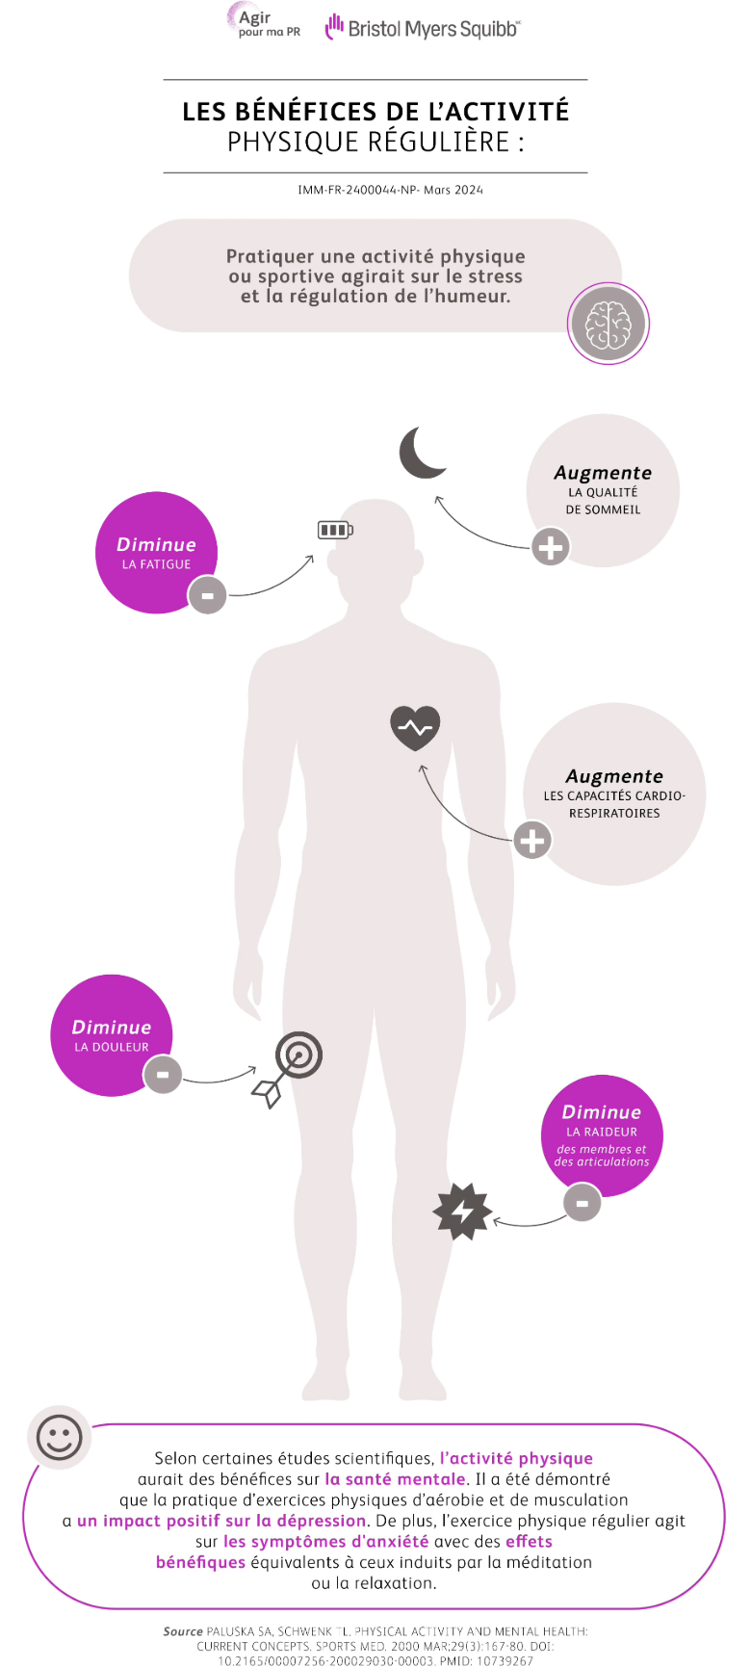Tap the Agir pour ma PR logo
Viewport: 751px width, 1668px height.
[x=262, y=21]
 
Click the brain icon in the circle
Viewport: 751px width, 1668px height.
[x=609, y=325]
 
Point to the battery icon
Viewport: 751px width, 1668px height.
[x=335, y=530]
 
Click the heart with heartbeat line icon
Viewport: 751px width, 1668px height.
[x=415, y=728]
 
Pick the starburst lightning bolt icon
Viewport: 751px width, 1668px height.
[x=463, y=1211]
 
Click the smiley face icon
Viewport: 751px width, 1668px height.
[x=60, y=1438]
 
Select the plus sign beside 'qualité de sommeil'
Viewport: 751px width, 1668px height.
[x=551, y=547]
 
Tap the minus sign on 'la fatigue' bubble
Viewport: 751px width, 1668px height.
[x=207, y=595]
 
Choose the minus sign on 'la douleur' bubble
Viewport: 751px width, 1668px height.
[x=163, y=1074]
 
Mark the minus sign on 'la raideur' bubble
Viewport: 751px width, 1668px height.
[x=582, y=1202]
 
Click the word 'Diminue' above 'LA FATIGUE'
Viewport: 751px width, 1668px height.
[x=156, y=544]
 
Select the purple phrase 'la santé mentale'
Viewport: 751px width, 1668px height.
[x=395, y=1479]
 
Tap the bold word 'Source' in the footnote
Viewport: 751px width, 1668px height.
[x=183, y=1631]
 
